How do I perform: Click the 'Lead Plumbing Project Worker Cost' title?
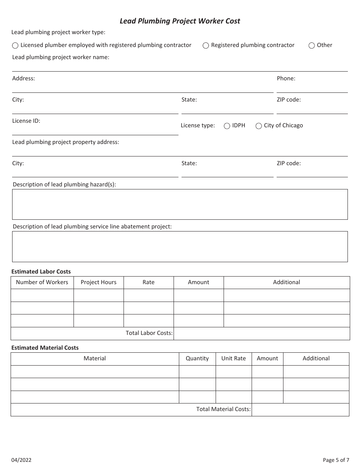pos(180,21)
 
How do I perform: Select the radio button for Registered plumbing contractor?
pos(206,45)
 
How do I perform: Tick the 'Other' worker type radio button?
pos(311,45)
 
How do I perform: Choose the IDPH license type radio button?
pos(227,126)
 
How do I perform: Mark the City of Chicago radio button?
pos(259,126)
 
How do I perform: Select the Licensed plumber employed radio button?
pos(15,45)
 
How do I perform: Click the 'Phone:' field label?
pos(286,78)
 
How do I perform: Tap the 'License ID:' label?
pos(26,121)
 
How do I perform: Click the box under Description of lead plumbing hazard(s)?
pos(180,204)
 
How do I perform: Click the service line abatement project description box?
pos(180,246)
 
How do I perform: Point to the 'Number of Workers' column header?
pos(42,282)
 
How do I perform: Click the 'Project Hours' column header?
pos(99,282)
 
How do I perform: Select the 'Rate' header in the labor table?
pos(149,282)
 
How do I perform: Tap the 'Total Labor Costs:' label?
pos(149,333)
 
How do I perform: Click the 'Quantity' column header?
pos(197,358)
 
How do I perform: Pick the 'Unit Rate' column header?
pos(233,358)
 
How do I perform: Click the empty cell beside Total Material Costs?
pos(300,410)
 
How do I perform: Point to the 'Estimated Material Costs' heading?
pos(45,347)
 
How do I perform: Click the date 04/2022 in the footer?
pos(21,460)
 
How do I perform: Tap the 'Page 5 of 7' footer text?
pos(336,460)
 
